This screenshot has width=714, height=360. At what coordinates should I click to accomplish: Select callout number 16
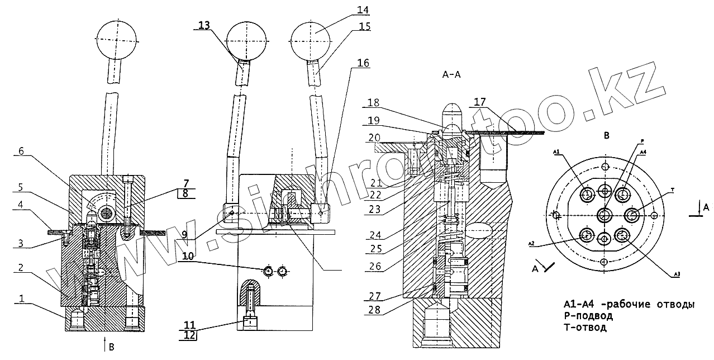[363, 63]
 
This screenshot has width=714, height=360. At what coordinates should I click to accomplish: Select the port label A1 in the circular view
[556, 152]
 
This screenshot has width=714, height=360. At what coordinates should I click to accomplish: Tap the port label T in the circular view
[673, 191]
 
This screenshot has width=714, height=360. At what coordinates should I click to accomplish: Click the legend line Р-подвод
[588, 316]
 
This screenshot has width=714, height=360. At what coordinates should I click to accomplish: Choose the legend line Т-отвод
[585, 328]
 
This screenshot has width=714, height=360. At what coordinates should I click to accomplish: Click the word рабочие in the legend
[628, 305]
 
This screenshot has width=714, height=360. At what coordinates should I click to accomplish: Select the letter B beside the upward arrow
[111, 347]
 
